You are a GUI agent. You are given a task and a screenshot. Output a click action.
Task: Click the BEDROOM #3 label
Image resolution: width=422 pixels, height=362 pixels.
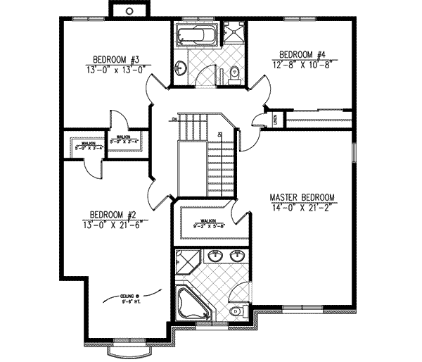[x=118, y=59]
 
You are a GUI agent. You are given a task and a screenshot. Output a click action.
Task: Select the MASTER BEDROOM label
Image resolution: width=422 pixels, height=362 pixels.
[x=302, y=197]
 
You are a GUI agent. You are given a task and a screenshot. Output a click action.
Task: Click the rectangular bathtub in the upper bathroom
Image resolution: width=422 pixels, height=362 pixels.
[x=191, y=36]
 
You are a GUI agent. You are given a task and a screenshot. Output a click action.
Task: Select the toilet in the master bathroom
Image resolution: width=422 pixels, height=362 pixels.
[x=236, y=311]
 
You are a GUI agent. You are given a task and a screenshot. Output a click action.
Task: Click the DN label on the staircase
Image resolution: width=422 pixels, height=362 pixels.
[x=173, y=120]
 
